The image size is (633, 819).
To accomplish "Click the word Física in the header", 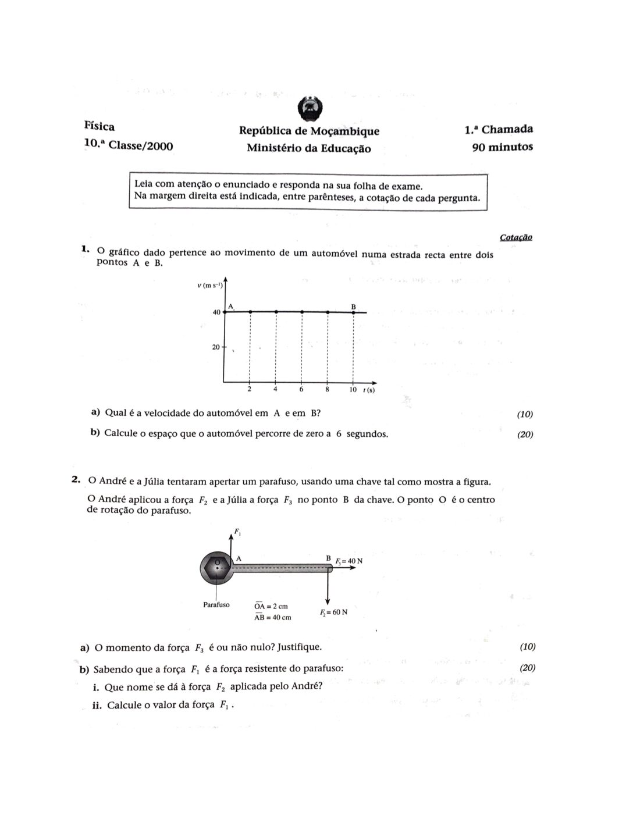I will coord(99,126).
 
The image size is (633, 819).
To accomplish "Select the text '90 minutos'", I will coord(502,147).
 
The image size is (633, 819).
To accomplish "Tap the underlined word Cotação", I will coord(515,237).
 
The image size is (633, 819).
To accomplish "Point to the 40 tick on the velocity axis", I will coord(216,312).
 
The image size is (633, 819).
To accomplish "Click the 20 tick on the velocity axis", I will coord(216,347).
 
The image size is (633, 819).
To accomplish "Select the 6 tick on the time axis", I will coord(301,389).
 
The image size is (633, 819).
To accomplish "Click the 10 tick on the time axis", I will coord(353,389).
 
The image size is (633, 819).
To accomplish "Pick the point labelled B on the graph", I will coord(354,312).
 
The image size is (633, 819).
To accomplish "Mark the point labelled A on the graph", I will coord(225,312).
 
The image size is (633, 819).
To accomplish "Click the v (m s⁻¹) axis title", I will coord(210,285).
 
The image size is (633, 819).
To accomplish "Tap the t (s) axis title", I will coord(369,390).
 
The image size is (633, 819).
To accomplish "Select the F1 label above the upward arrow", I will coord(237,530).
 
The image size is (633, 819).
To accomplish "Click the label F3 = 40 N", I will coord(348,561).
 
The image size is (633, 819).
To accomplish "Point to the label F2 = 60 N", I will coord(333,613).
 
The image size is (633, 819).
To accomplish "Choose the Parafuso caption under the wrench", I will coord(216,605).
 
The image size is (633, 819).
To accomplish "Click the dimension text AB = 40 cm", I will coord(272,617).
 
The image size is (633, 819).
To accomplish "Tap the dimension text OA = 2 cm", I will coord(271,606).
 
